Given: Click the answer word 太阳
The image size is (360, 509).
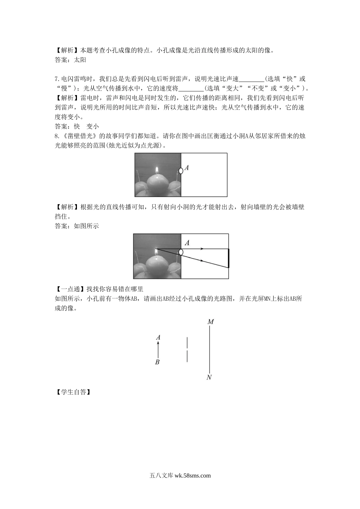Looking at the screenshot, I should [80, 59].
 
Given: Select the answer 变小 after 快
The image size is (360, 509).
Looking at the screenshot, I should [92, 126].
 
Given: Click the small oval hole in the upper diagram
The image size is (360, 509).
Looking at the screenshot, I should [181, 170].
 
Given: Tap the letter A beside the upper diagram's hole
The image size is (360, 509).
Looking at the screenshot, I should [187, 167].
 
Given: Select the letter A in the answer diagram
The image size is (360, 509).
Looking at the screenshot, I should [187, 243].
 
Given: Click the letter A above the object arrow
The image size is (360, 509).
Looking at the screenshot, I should [158, 337].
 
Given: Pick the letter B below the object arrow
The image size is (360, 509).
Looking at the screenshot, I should [158, 362].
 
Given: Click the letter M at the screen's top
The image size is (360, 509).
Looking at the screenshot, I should [211, 322].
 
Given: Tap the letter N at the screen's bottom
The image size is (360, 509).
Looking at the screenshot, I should [209, 377].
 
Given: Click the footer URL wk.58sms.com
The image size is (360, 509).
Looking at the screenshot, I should [193, 476].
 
